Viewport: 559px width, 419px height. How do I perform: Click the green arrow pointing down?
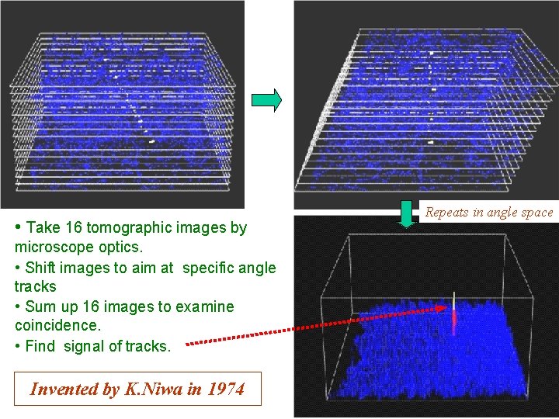pos(405,214)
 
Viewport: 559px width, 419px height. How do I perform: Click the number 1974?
pos(225,390)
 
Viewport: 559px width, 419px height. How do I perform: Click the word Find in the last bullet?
pos(40,346)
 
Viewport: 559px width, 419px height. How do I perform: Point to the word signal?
pos(83,346)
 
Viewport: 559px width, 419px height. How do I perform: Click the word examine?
pos(206,306)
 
